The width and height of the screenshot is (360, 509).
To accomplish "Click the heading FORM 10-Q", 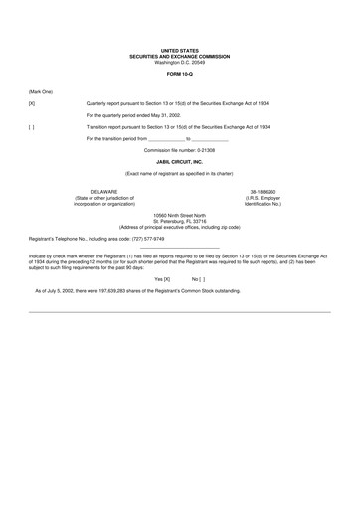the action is tap(179, 75).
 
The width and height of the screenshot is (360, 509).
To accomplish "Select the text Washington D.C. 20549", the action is tap(179, 62).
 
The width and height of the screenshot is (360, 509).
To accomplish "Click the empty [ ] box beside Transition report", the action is tap(32, 127).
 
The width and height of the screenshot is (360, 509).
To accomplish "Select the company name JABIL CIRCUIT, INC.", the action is tap(179, 161).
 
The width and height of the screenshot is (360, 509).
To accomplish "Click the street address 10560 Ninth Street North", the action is tap(179, 215).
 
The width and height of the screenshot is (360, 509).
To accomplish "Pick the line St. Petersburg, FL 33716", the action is tap(179, 221).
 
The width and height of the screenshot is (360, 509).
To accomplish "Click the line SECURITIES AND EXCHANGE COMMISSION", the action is tap(179, 56).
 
